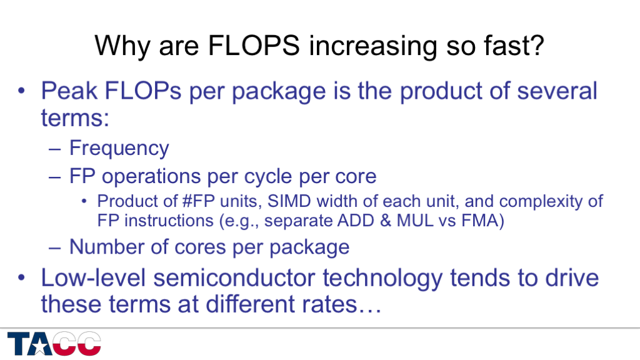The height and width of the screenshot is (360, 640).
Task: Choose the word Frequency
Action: pyautogui.click(x=119, y=149)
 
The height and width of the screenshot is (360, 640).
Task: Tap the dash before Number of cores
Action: pyautogui.click(x=55, y=247)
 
